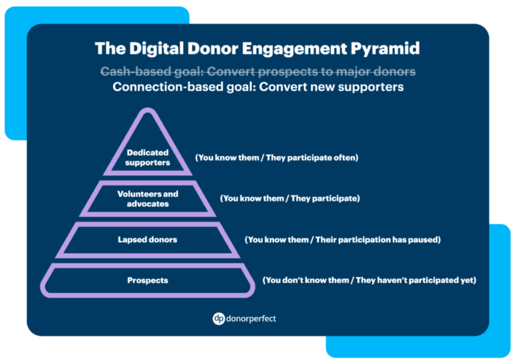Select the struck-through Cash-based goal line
258,71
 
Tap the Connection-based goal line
258,87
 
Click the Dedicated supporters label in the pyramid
148,158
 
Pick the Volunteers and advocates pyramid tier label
148,199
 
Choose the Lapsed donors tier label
147,239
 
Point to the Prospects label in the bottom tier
147,280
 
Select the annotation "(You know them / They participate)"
290,199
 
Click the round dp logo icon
218,318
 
